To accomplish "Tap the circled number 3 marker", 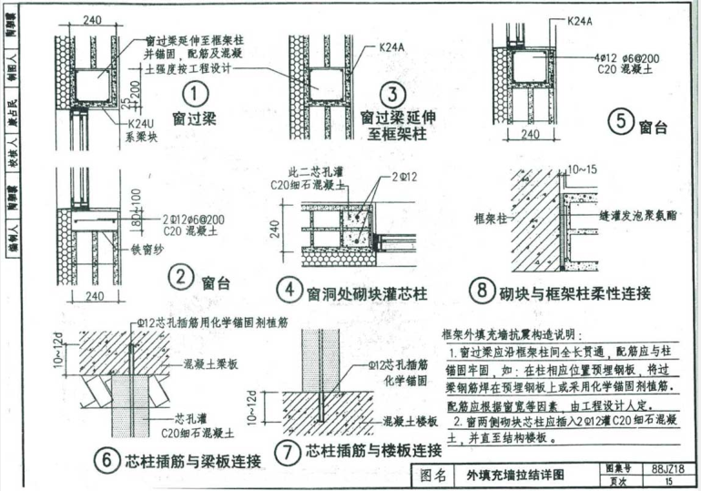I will click(x=392, y=93).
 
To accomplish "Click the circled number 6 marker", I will click(x=108, y=461).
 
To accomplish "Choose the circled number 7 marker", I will click(x=288, y=451).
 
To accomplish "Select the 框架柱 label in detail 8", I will click(x=491, y=219).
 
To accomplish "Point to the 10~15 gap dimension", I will click(x=584, y=169).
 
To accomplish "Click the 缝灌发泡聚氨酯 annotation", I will click(x=643, y=219).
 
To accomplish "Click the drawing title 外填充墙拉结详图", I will click(x=514, y=475).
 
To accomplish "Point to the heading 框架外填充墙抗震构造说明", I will click(x=514, y=334).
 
